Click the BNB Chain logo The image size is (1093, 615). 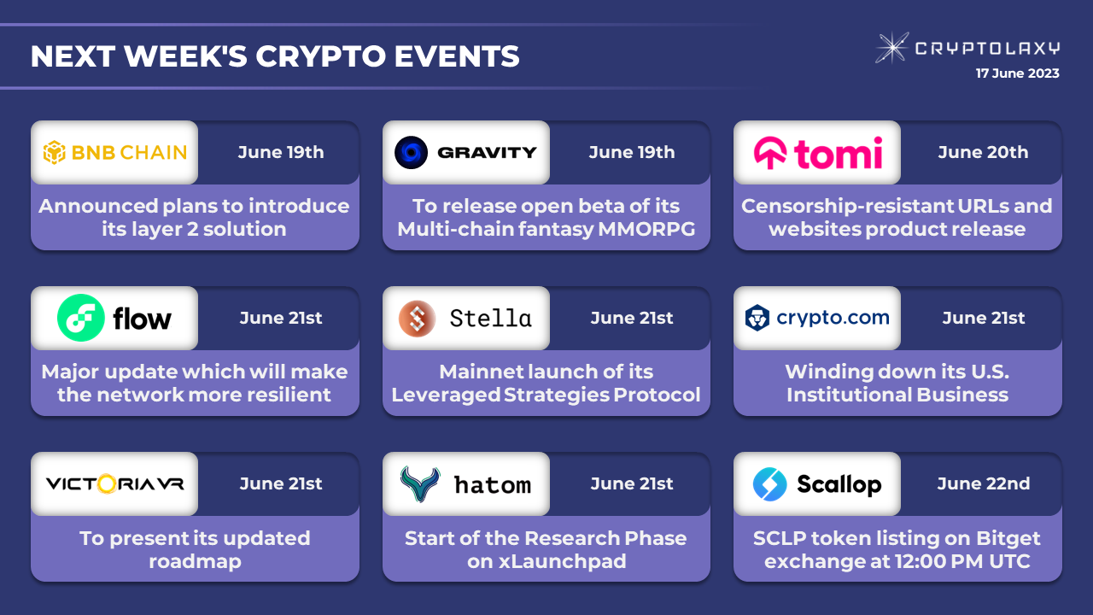[115, 152]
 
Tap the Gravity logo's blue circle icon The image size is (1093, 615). [411, 152]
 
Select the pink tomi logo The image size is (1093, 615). [818, 153]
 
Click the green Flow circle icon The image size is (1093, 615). [81, 318]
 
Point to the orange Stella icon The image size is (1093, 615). [417, 319]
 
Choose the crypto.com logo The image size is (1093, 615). [817, 318]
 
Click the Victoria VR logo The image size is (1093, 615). [115, 483]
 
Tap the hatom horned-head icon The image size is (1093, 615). [419, 483]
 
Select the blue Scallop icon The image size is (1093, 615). [769, 484]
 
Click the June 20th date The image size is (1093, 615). [983, 152]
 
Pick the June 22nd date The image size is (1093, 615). [983, 483]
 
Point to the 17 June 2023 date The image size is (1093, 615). [1017, 73]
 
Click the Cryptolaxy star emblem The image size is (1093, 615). [892, 48]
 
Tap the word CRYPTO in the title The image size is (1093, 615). [320, 56]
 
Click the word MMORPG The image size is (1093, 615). [646, 229]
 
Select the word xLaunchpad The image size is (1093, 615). [562, 561]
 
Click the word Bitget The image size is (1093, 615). [1008, 538]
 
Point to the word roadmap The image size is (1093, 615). [196, 562]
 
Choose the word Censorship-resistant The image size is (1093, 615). [846, 207]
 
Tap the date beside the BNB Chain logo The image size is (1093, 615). [281, 152]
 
